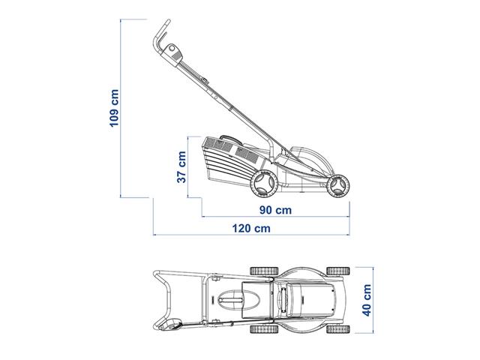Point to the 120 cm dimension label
[x=252, y=228]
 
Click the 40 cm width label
[x=367, y=300]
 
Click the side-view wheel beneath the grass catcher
[x=262, y=182]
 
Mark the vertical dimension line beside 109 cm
[x=124, y=109]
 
